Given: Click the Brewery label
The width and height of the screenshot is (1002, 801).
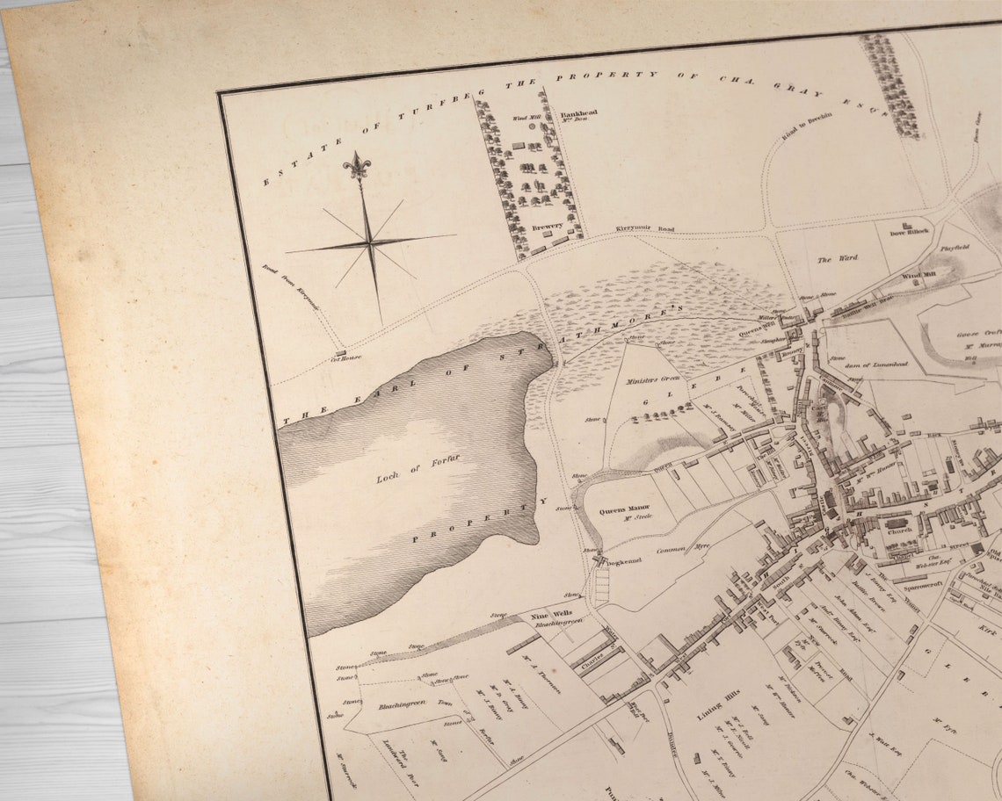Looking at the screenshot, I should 547,227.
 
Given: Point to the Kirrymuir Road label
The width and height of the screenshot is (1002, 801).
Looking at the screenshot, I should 643,229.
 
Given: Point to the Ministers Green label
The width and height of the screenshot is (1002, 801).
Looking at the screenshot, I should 653,378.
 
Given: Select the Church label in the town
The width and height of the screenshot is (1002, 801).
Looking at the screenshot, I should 898,531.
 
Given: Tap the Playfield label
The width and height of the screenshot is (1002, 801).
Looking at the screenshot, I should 955,249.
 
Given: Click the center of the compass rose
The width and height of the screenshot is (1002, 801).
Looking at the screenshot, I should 370,240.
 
